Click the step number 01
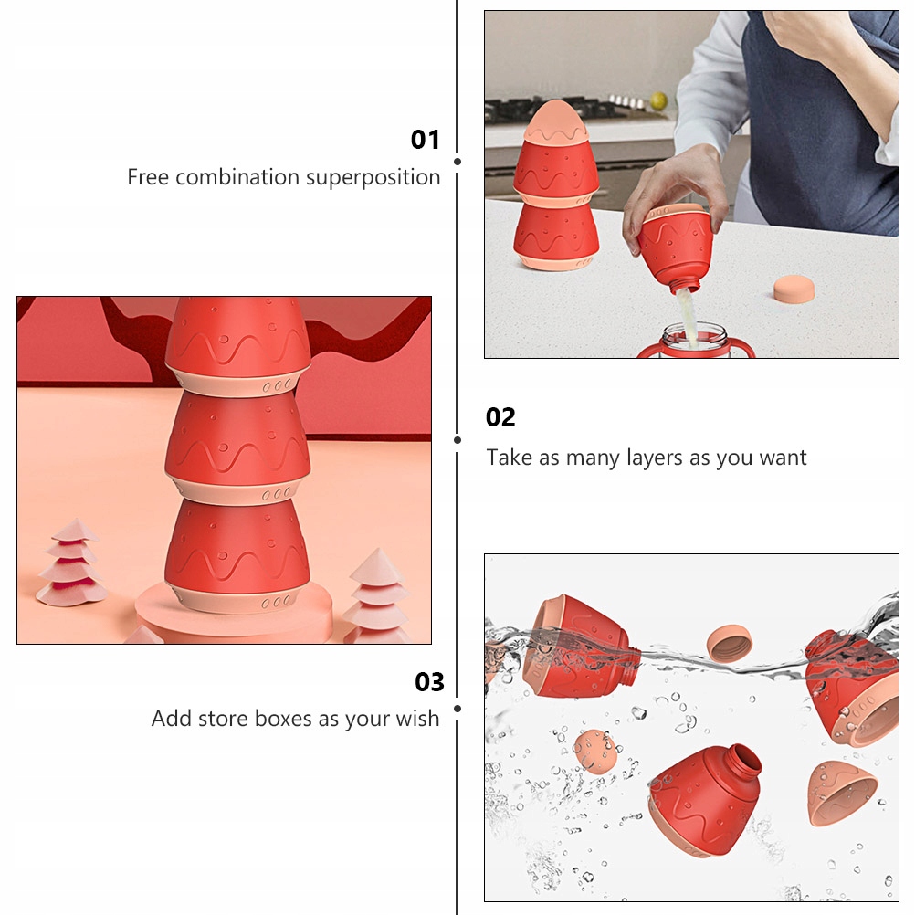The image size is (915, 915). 425,140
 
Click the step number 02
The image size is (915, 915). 500,417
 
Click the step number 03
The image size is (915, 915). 429,681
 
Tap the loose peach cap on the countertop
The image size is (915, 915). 794,289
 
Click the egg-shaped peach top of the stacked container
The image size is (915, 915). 556,121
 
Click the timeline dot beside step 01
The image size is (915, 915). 457,161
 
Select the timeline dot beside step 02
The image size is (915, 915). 457,440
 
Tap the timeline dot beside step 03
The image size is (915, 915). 457,709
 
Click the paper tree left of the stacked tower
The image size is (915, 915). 72,563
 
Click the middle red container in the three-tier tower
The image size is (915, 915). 237,445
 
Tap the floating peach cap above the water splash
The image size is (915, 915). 729,643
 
